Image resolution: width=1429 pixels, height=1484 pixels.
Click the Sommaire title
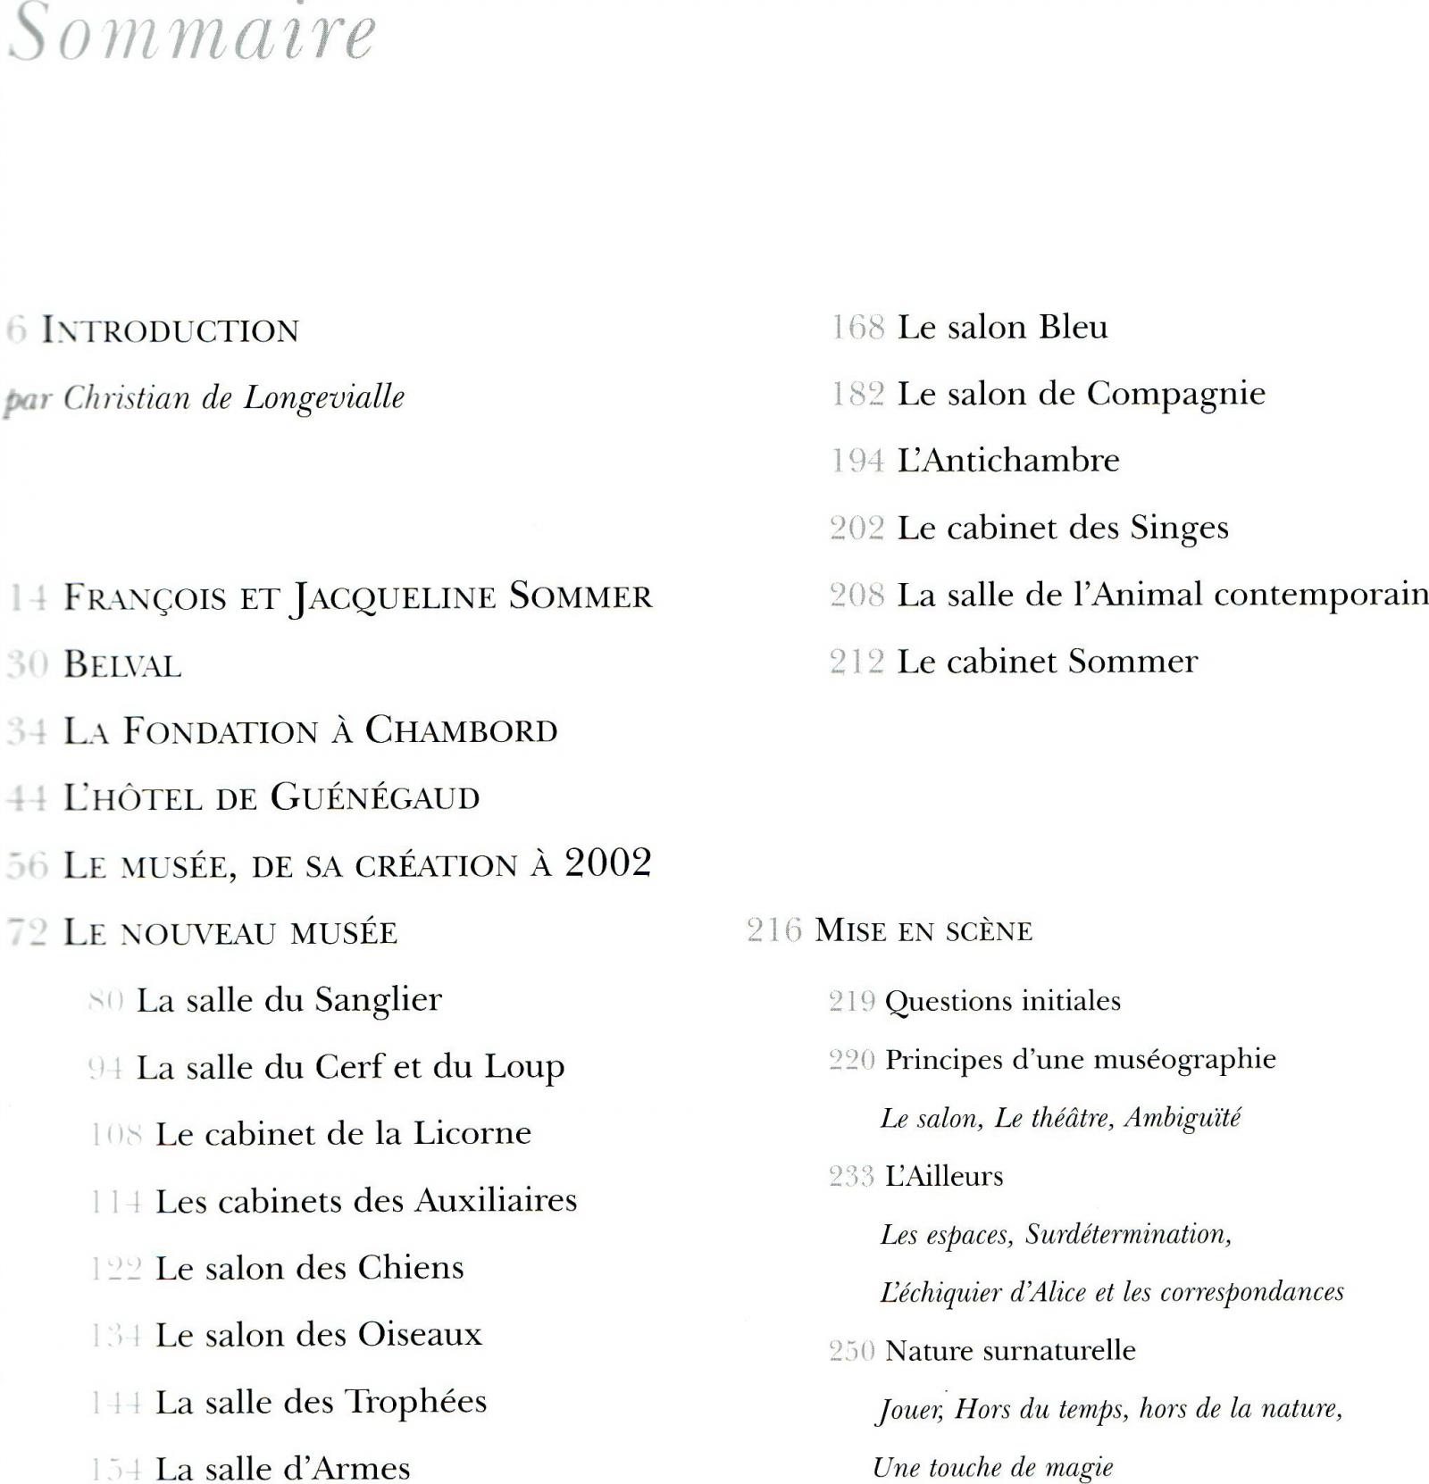click(192, 34)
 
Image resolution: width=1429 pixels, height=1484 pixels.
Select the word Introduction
click(171, 330)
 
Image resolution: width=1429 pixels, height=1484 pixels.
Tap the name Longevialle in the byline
click(324, 397)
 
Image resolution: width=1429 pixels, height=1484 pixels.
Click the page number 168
click(857, 328)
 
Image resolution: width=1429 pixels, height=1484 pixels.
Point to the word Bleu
click(1073, 327)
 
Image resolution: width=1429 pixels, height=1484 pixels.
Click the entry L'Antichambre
click(1008, 461)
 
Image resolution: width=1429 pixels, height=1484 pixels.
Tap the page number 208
click(857, 595)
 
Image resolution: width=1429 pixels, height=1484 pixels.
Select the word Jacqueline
click(392, 597)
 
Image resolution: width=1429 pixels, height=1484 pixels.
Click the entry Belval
click(122, 664)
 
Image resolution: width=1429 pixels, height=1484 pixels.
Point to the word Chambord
click(461, 731)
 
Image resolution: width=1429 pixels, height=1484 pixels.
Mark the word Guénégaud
click(375, 797)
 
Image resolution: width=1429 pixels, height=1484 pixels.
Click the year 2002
click(607, 863)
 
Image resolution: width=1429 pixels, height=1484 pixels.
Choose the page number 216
click(774, 930)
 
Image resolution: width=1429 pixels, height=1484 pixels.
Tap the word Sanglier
click(378, 1001)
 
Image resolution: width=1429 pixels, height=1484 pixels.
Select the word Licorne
click(472, 1134)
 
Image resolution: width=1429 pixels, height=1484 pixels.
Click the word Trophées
click(416, 1403)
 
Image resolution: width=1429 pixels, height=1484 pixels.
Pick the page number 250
click(851, 1351)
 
